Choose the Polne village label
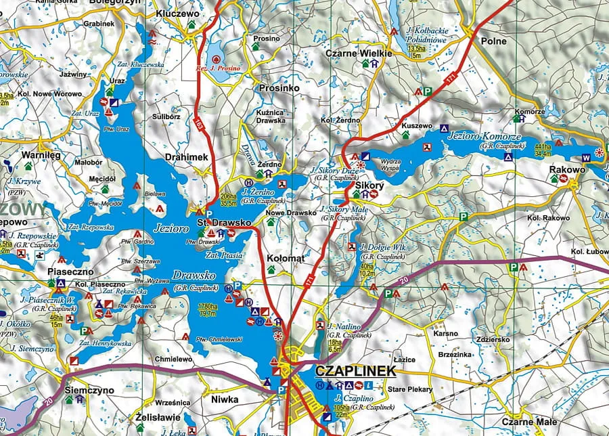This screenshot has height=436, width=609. (493, 41)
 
